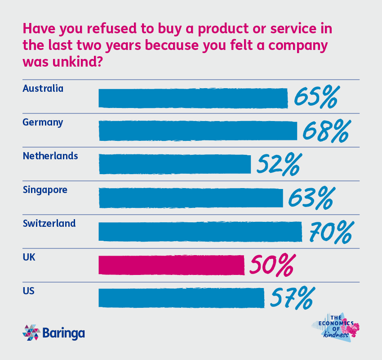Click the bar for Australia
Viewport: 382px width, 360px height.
pos(193,98)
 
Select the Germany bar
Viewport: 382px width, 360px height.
pos(198,131)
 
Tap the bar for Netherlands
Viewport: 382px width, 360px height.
pos(174,164)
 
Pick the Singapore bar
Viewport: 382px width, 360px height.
pos(191,198)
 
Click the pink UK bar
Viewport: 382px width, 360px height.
pos(171,265)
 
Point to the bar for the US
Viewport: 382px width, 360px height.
pos(181,298)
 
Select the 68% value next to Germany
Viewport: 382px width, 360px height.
pos(326,131)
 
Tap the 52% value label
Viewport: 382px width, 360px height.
pos(277,165)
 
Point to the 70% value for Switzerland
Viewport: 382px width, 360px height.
pos(330,232)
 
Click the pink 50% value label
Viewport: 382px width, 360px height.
pos(272,265)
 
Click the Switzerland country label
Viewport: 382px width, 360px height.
pos(49,223)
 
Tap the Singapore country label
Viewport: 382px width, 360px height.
pos(45,190)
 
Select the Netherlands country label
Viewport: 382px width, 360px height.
pos(50,156)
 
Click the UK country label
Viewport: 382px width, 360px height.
pos(29,257)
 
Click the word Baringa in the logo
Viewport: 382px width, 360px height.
pos(63,333)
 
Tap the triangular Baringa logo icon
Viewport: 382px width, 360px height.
pos(31,333)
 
